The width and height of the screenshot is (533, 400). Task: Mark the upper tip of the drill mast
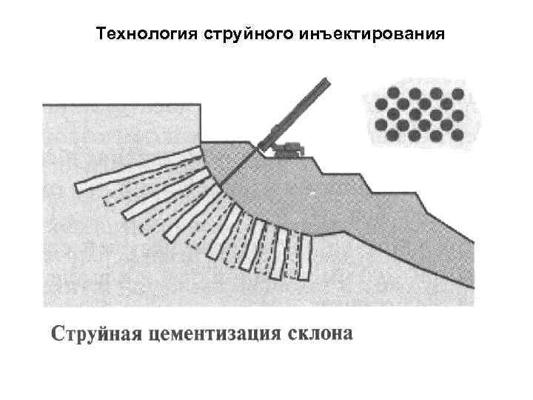pos(326,81)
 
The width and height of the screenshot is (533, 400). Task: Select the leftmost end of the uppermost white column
pos(76,186)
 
